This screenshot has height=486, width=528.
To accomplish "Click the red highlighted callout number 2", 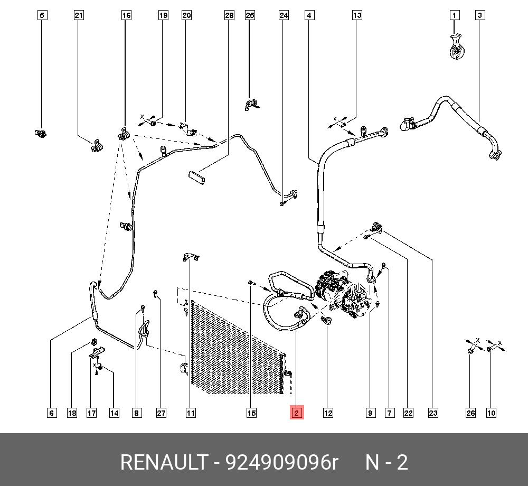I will click(x=296, y=413).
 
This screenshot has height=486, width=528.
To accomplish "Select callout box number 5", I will click(x=42, y=15).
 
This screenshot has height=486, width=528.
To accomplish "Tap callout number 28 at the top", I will click(x=229, y=15).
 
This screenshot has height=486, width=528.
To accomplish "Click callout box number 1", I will click(x=455, y=15).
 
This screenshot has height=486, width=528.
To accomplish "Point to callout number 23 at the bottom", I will click(x=433, y=413).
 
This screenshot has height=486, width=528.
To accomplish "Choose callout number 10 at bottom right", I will click(x=491, y=413).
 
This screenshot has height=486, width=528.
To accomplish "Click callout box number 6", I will click(x=52, y=413).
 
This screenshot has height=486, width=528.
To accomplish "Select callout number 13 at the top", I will click(x=357, y=15).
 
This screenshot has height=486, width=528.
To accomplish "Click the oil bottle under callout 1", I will click(x=456, y=47).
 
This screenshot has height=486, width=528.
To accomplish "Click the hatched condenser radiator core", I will click(x=232, y=349).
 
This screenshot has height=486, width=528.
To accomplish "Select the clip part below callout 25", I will click(x=250, y=104).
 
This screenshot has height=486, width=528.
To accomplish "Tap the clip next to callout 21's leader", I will click(x=96, y=146).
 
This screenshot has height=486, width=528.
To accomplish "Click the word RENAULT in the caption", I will click(x=164, y=463).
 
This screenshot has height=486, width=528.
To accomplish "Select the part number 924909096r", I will click(x=281, y=463).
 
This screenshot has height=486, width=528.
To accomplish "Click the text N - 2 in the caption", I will click(x=387, y=463).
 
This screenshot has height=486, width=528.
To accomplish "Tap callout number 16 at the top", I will click(x=126, y=15).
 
